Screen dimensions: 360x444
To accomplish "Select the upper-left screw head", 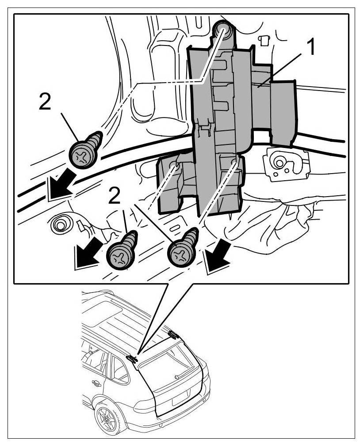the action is click(83, 154).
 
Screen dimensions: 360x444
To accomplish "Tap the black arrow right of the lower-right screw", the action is click(218, 258).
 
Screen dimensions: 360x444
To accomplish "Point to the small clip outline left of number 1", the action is click(264, 40).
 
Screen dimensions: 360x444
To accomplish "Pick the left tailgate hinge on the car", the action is click(131, 358).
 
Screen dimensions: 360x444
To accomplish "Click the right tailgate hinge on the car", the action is click(173, 334).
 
